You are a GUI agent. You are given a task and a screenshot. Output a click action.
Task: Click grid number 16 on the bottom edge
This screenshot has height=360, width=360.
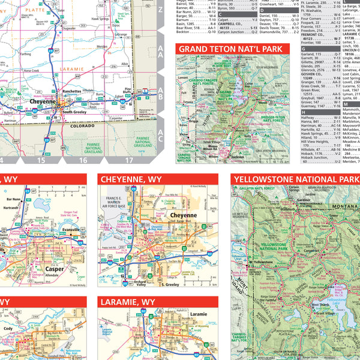[82, 160]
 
